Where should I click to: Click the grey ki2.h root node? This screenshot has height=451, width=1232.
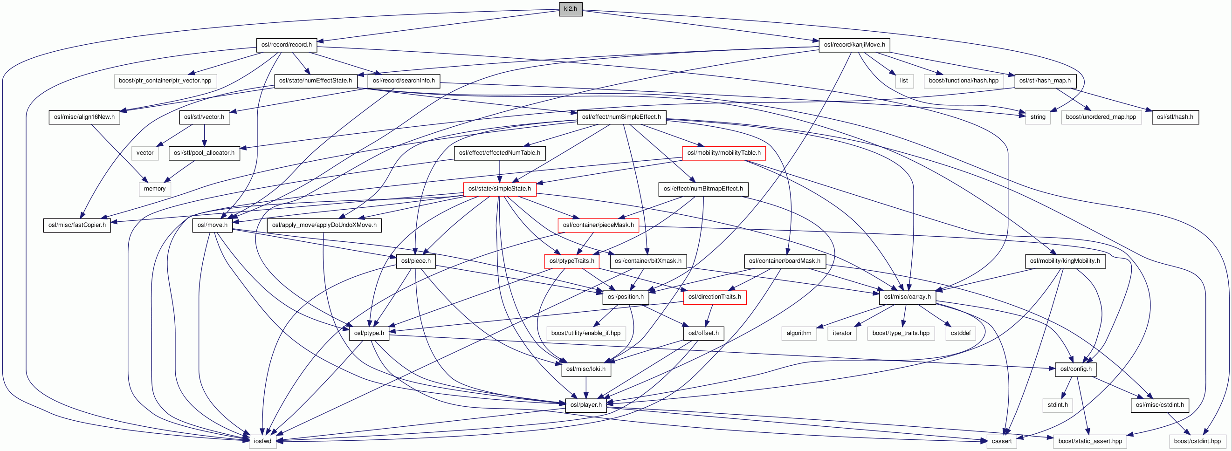pos(570,8)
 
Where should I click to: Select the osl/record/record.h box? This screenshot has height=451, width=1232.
pos(286,45)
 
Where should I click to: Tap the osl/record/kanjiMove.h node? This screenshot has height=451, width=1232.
pos(853,45)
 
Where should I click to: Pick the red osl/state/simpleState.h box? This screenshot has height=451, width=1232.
pos(499,189)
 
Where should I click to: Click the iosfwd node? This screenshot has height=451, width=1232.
pos(262,441)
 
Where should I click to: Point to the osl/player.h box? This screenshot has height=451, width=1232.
pos(586,405)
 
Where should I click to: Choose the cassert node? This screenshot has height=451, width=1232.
pos(1001,441)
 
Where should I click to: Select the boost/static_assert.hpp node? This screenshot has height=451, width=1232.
pos(1090,441)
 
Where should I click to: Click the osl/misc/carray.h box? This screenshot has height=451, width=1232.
pos(907,297)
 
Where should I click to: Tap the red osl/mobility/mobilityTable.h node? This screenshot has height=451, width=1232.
pos(723,153)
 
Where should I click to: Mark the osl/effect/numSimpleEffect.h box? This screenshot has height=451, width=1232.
pos(621,117)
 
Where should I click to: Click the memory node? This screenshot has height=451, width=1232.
pos(154,189)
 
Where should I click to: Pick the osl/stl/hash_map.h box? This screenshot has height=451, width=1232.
pos(1045,81)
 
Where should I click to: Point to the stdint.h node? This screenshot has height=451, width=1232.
pos(1058,405)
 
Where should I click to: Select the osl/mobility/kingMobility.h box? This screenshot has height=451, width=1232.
pos(1065,261)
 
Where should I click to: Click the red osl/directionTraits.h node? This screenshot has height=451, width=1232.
pos(715,297)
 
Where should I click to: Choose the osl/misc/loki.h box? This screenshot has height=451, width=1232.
pos(585,369)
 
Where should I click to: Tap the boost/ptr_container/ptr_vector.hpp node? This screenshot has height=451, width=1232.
pos(165,81)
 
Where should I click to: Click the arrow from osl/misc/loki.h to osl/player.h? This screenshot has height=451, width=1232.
pos(586,387)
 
